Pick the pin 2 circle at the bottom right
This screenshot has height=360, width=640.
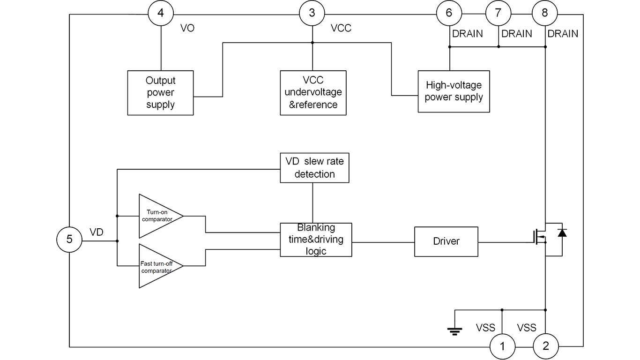(545, 347)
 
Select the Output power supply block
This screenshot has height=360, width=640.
(161, 93)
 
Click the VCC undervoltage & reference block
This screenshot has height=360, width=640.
(313, 93)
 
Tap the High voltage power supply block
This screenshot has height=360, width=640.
(453, 91)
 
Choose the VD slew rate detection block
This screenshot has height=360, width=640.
(314, 168)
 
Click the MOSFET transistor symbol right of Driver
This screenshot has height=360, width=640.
(542, 239)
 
